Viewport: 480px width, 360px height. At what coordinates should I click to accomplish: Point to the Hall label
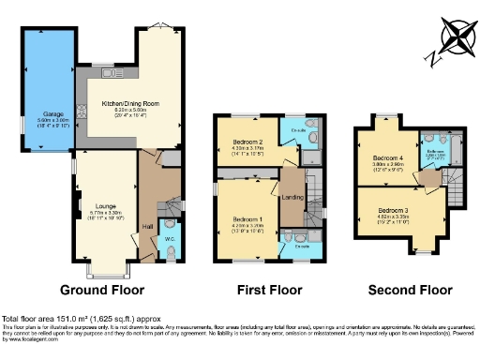(x=147, y=227)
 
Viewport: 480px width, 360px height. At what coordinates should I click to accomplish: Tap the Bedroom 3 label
(x=393, y=210)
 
